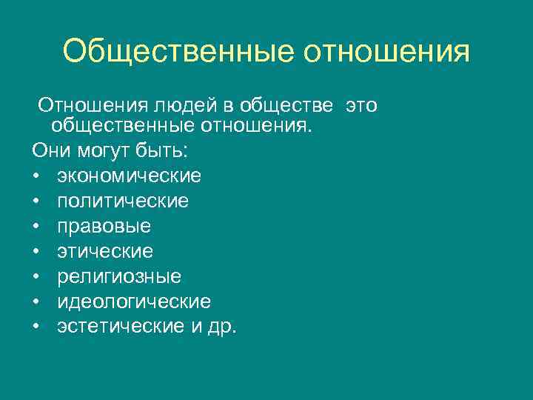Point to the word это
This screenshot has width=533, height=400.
point(361,106)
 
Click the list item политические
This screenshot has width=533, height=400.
point(123,201)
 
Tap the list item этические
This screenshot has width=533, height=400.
point(105,251)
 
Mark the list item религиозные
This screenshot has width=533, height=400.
point(119,276)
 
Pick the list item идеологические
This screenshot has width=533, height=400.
point(134,301)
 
